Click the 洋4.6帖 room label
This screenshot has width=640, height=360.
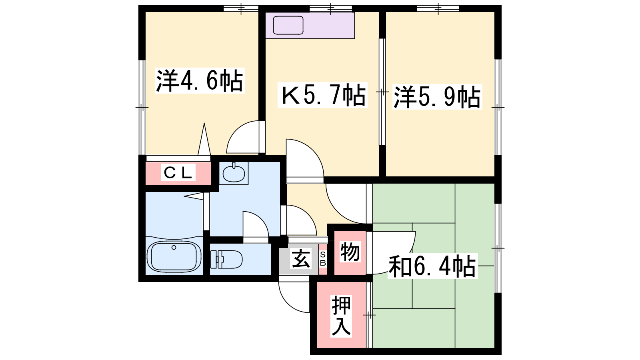(x=200, y=81)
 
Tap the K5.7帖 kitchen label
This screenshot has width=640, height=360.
(x=322, y=95)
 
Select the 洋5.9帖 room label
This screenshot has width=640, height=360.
(x=437, y=97)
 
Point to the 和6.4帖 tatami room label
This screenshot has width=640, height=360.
(x=432, y=266)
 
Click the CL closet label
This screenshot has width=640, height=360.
(x=178, y=172)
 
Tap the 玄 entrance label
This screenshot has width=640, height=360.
(x=301, y=259)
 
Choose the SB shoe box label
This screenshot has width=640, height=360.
(x=323, y=259)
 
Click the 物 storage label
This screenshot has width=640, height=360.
(x=350, y=252)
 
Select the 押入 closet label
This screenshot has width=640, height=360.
(x=341, y=316)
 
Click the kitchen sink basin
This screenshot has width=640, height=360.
(x=288, y=25)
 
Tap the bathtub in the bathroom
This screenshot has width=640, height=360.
(x=174, y=256)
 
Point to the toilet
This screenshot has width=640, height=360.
(x=226, y=259)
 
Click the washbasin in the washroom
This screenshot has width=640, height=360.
(x=234, y=173)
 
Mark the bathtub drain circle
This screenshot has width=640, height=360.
(x=174, y=248)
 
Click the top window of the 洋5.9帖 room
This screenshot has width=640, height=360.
(x=438, y=8)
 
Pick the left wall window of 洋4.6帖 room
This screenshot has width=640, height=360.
(x=142, y=107)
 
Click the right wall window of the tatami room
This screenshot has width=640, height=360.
(x=498, y=248)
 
